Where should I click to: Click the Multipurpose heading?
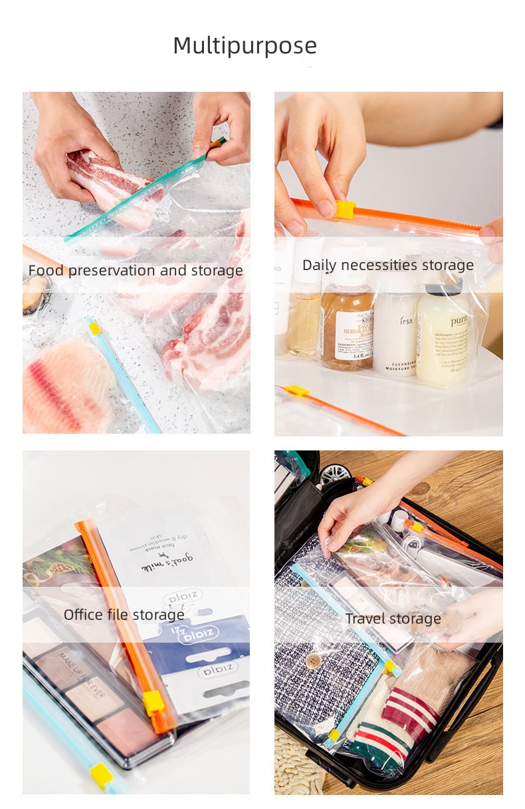245,46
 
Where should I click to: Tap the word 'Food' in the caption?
46,271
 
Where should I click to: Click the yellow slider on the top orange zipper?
345,210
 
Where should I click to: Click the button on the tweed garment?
313,660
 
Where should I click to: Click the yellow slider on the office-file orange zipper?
154,703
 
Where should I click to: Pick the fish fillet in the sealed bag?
66,386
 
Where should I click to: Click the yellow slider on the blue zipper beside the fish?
95,328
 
